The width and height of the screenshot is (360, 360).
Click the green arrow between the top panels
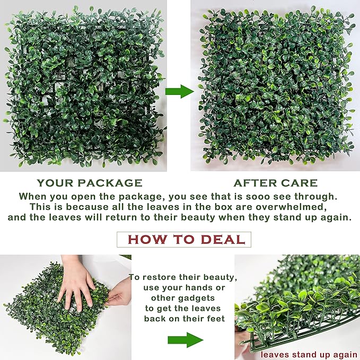pyautogui.click(x=180, y=91)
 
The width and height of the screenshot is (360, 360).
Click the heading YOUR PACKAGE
pyautogui.click(x=89, y=183)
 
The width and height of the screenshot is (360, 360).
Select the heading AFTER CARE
pyautogui.click(x=275, y=183)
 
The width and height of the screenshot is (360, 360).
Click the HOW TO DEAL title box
pyautogui.click(x=183, y=239)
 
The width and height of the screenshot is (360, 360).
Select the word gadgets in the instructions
pyautogui.click(x=206, y=298)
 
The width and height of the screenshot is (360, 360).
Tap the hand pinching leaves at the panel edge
pyautogui.click(x=119, y=292)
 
